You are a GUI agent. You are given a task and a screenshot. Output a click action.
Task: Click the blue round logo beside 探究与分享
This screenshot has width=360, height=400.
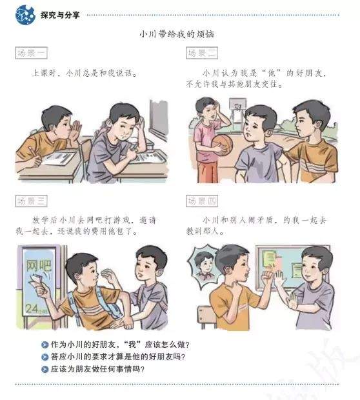click(x=25, y=15)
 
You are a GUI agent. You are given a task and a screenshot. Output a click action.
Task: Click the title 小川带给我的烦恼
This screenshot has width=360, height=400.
click(x=177, y=34)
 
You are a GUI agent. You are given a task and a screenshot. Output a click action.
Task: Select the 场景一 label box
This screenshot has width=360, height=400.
click(x=31, y=53)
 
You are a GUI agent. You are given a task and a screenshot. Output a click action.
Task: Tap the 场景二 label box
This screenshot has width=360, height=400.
click(x=202, y=53)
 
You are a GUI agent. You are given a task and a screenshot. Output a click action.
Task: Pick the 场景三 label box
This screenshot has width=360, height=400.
click(x=31, y=201)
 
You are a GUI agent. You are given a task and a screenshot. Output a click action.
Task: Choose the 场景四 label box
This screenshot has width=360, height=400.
click(x=202, y=201)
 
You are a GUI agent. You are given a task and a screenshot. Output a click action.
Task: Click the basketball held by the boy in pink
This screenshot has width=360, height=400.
click(x=223, y=145)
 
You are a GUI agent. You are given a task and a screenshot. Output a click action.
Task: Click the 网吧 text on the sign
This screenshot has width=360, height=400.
click(x=39, y=266)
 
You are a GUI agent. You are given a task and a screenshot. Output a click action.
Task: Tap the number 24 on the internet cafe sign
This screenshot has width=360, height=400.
click(x=32, y=308)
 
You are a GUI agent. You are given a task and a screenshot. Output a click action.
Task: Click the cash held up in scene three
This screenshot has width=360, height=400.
click(x=36, y=281)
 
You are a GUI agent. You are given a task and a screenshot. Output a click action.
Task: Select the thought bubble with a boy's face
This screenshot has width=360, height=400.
click(x=203, y=266)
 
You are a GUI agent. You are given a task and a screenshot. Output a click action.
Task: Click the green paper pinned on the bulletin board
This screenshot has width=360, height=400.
click(x=269, y=258)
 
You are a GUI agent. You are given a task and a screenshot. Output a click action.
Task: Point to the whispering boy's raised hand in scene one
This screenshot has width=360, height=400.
click(x=75, y=130)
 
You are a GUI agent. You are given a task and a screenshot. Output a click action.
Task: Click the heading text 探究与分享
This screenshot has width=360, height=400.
click(x=60, y=15)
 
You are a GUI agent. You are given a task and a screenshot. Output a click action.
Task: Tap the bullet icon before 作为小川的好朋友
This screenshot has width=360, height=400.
click(x=45, y=345)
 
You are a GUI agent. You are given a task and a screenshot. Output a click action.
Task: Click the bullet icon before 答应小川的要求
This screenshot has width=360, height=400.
click(x=45, y=357)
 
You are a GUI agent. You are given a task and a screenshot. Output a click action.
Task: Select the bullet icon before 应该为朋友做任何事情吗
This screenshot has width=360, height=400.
click(x=45, y=369)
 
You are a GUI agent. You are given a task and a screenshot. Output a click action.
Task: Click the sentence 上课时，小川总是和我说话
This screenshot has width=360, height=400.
click(x=85, y=73)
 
